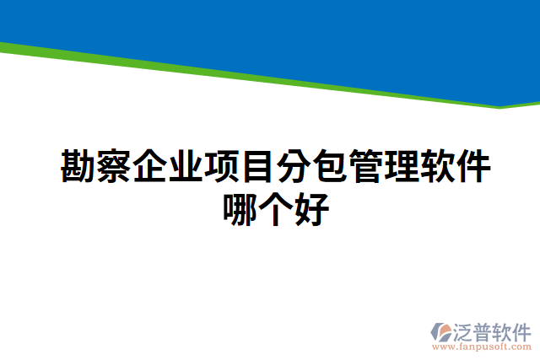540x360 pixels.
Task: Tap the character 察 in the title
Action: (114, 167)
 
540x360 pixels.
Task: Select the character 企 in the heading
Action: (150, 167)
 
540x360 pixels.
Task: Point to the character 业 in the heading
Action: (186, 167)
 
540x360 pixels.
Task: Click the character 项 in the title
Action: (222, 167)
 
